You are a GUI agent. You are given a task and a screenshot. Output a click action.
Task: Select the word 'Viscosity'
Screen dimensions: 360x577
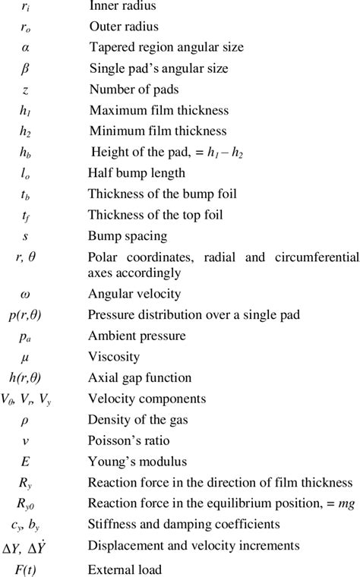pos(114,356)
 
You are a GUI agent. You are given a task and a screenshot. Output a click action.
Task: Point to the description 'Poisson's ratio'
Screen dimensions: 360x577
pos(131,440)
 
